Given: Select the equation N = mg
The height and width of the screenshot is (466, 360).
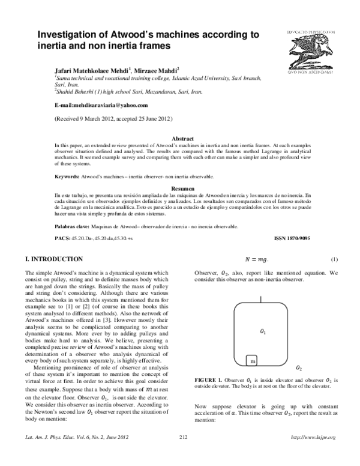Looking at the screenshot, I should point(256,259).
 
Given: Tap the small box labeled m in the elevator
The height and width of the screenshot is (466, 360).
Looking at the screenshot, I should point(253,362).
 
